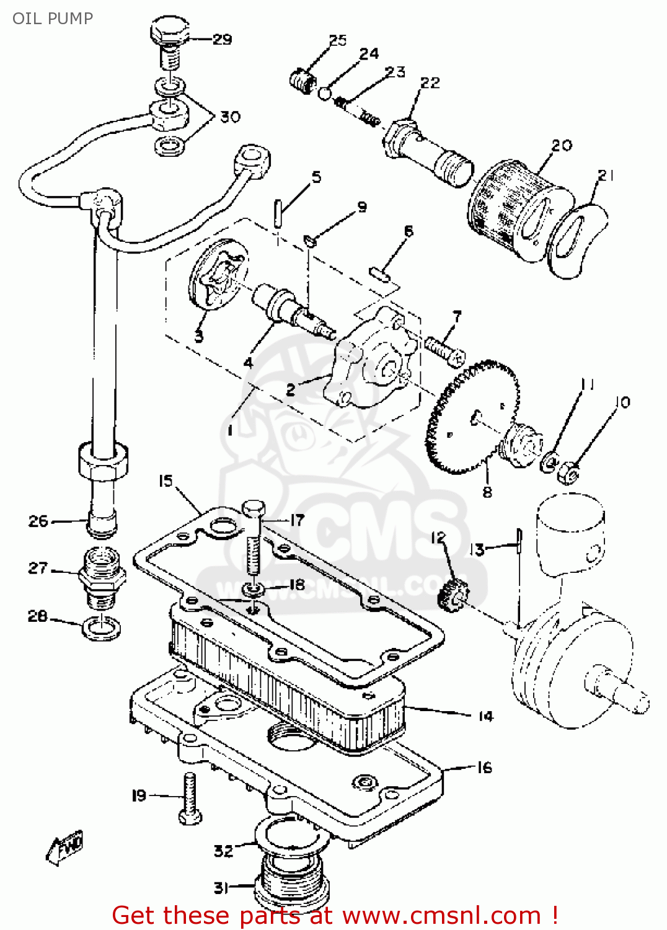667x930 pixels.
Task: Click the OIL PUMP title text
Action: (x=53, y=18)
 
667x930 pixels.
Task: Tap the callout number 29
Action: (x=222, y=40)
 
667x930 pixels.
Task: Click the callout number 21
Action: (x=606, y=175)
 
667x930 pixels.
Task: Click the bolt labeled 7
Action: (x=444, y=350)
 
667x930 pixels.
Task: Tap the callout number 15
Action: (x=166, y=481)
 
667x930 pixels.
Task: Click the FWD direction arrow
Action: (x=64, y=847)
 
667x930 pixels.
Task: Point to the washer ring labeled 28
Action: (x=101, y=629)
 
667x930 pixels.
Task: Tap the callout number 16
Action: (x=484, y=768)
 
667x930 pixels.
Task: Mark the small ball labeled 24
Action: (x=325, y=93)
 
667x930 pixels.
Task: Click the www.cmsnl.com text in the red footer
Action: (x=441, y=915)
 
